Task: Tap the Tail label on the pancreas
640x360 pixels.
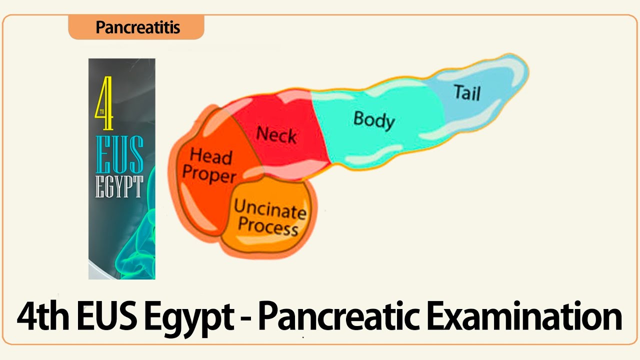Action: click(466, 92)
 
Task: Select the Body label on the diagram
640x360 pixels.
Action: click(374, 120)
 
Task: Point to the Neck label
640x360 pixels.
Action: click(276, 135)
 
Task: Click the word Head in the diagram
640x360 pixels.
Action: click(211, 156)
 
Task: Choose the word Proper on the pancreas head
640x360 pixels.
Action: click(209, 174)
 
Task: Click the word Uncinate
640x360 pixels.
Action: click(270, 210)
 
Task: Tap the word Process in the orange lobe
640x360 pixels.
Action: click(268, 227)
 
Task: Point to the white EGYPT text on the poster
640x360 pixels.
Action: click(119, 186)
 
